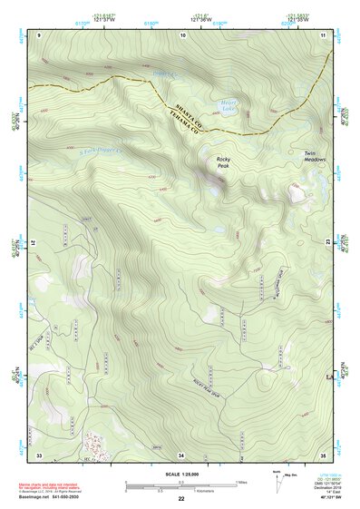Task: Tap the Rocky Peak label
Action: click(223, 163)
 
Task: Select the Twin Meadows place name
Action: click(315, 157)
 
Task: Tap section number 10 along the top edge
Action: click(183, 34)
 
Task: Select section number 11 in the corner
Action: click(323, 34)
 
